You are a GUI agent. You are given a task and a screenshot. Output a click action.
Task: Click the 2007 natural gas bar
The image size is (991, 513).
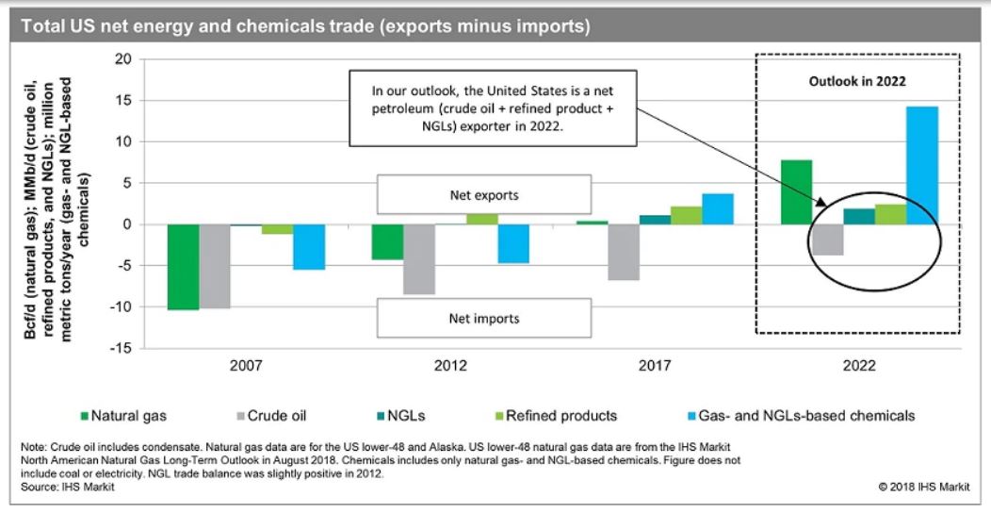pyautogui.click(x=183, y=267)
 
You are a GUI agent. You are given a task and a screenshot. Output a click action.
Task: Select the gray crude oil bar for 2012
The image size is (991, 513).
pyautogui.click(x=419, y=259)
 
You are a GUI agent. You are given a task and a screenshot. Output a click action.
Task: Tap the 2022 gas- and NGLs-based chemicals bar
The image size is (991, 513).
pyautogui.click(x=922, y=165)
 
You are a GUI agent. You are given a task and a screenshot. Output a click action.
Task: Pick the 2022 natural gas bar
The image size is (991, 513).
pyautogui.click(x=796, y=192)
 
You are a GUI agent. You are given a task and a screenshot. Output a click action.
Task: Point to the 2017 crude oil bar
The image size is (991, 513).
pyautogui.click(x=624, y=252)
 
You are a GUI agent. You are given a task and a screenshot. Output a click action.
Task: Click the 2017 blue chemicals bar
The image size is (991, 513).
pyautogui.click(x=717, y=208)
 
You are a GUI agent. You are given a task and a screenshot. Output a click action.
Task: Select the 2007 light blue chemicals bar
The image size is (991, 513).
pyautogui.click(x=309, y=247)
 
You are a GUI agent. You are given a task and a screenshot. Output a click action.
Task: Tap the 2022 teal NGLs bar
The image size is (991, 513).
pyautogui.click(x=859, y=216)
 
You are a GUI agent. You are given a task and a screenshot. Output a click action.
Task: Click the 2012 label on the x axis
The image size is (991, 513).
pyautogui.click(x=450, y=364)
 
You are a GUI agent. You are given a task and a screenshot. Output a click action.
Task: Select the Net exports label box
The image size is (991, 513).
pyautogui.click(x=484, y=196)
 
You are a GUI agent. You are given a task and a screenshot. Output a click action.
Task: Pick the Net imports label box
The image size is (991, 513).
pyautogui.click(x=484, y=319)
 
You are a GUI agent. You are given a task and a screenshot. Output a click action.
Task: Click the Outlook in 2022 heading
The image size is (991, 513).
pyautogui.click(x=857, y=82)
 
